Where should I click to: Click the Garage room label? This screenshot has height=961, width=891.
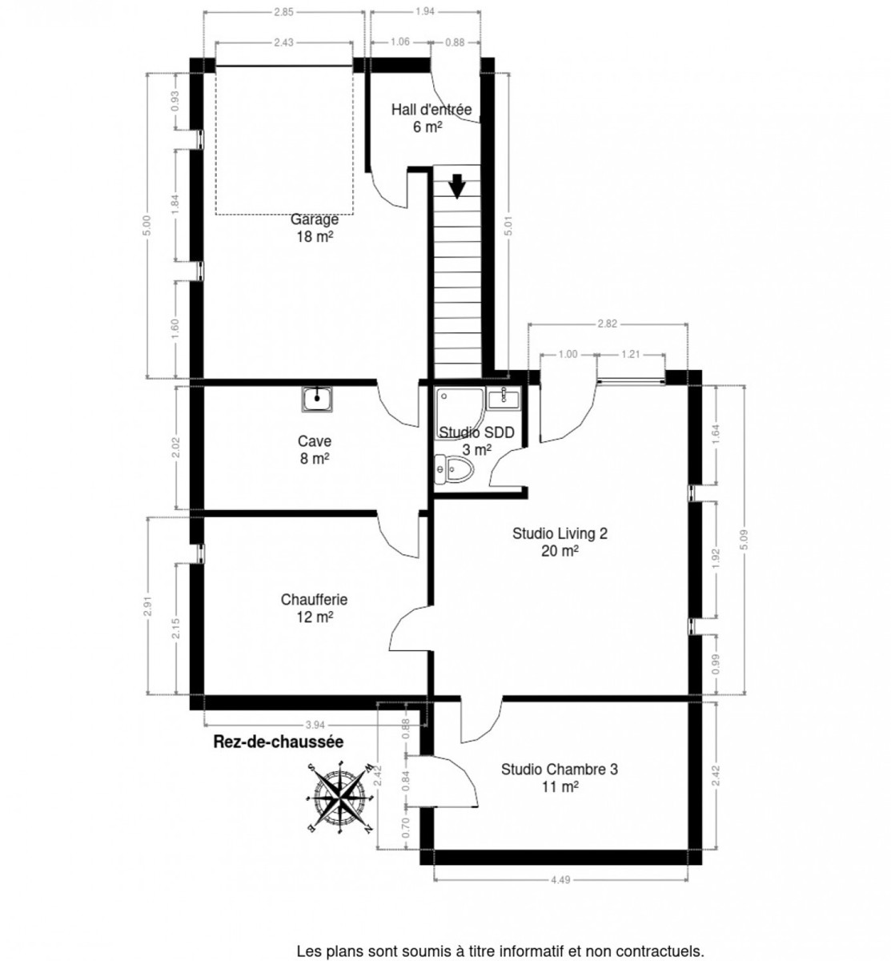315,219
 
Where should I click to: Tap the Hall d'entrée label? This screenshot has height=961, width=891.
431,110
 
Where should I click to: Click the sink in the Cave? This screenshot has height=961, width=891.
317,399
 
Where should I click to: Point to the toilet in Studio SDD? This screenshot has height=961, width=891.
453,468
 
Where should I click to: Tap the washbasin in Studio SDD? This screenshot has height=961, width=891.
503,398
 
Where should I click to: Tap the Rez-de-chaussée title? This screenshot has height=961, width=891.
279,742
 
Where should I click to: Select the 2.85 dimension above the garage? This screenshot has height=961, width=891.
283,13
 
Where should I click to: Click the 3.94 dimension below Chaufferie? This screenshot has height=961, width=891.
315,725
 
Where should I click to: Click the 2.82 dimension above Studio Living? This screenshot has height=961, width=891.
607,324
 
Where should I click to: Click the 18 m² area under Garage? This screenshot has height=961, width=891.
315,237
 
